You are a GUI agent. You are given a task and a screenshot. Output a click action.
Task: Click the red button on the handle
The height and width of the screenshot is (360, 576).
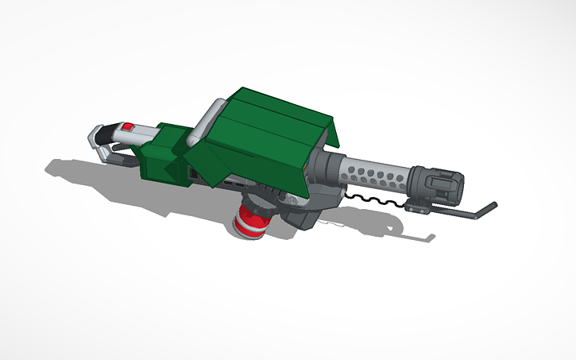pos(127,127)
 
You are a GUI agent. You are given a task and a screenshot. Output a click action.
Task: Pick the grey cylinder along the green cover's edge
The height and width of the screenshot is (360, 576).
pos(205,119)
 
